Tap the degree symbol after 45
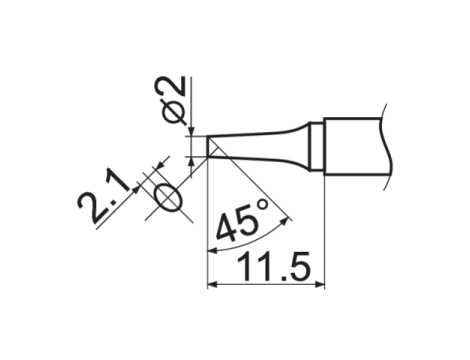tap(261, 207)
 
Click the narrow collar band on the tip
tap(316, 144)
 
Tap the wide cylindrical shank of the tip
tap(355, 143)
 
